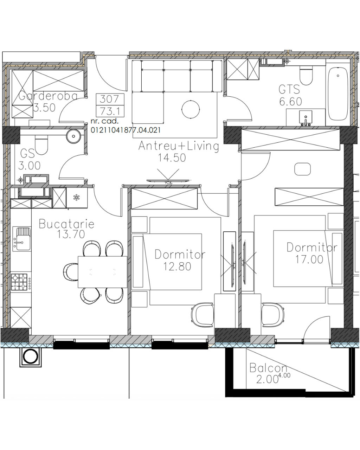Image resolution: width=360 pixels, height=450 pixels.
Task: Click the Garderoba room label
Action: tap(48, 96)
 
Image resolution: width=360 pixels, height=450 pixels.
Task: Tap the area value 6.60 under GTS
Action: tap(290, 102)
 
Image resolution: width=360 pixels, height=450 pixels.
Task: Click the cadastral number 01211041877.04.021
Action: tap(126, 130)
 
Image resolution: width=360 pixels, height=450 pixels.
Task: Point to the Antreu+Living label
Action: tap(179, 146)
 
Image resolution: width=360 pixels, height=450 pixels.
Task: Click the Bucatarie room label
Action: tap(66, 224)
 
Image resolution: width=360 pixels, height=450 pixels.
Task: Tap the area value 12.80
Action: tap(177, 266)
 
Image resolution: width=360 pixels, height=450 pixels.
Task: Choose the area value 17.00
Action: tap(309, 259)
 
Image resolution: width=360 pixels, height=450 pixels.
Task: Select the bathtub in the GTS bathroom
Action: tap(337, 94)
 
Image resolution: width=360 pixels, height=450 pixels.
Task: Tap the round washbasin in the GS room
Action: tap(73, 136)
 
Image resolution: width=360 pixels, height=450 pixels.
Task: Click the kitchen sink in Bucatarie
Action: tap(22, 239)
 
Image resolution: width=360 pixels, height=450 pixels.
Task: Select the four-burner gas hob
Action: tap(19, 283)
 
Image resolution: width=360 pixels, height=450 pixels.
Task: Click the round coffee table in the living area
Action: tap(191, 109)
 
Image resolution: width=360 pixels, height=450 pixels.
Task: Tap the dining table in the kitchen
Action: tap(103, 272)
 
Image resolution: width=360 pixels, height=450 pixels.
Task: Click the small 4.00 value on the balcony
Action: tap(284, 375)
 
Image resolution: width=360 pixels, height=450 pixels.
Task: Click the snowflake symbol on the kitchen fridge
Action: tap(77, 198)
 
